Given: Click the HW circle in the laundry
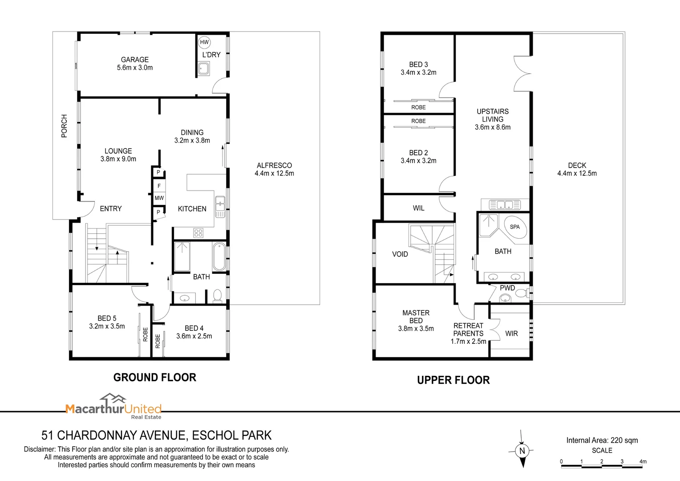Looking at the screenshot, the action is pyautogui.click(x=204, y=42).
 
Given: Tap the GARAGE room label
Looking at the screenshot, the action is pyautogui.click(x=135, y=60).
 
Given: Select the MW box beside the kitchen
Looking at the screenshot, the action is pyautogui.click(x=159, y=198).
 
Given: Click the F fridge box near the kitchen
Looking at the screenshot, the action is pyautogui.click(x=159, y=186).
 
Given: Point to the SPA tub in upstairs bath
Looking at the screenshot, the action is pyautogui.click(x=515, y=227).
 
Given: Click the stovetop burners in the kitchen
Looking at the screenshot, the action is pyautogui.click(x=198, y=233).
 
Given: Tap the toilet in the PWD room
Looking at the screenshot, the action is pyautogui.click(x=522, y=293).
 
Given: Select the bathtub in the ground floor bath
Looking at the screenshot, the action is pyautogui.click(x=219, y=257).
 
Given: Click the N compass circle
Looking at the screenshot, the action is pyautogui.click(x=522, y=451).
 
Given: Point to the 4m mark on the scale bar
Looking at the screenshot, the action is pyautogui.click(x=643, y=461).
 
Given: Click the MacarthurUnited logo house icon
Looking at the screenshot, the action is pyautogui.click(x=113, y=398).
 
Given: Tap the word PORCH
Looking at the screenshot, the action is pyautogui.click(x=64, y=126).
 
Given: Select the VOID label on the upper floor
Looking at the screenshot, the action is pyautogui.click(x=400, y=254).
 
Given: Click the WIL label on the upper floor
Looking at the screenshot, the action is pyautogui.click(x=418, y=208).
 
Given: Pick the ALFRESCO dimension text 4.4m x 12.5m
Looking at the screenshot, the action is pyautogui.click(x=274, y=173).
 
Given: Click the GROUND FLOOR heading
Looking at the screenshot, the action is pyautogui.click(x=155, y=377).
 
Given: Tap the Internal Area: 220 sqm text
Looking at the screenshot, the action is pyautogui.click(x=602, y=440).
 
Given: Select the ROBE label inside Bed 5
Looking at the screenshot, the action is pyautogui.click(x=145, y=334).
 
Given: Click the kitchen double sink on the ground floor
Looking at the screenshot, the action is pyautogui.click(x=220, y=207).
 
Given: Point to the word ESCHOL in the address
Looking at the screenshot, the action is pyautogui.click(x=215, y=436).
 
